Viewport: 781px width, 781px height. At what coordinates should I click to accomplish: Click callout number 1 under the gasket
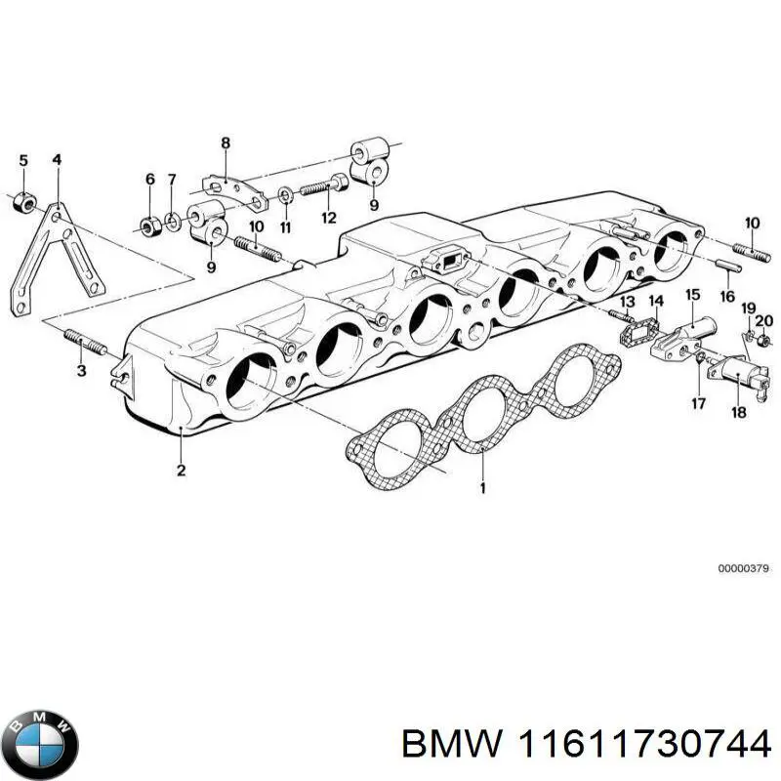point(480,485)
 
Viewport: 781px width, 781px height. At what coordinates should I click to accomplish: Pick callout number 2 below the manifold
point(181,472)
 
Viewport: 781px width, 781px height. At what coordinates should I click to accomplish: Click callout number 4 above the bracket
point(57,160)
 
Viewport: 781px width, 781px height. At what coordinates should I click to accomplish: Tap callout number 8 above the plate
point(226,144)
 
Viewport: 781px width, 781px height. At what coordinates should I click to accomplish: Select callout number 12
point(329,218)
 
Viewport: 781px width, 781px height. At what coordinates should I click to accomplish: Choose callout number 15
point(691,295)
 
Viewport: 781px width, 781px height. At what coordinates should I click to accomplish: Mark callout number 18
point(739,413)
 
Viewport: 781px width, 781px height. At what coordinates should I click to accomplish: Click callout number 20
point(764,320)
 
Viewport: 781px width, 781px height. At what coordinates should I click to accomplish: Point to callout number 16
point(726,296)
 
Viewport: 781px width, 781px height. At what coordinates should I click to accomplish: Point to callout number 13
point(627,302)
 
